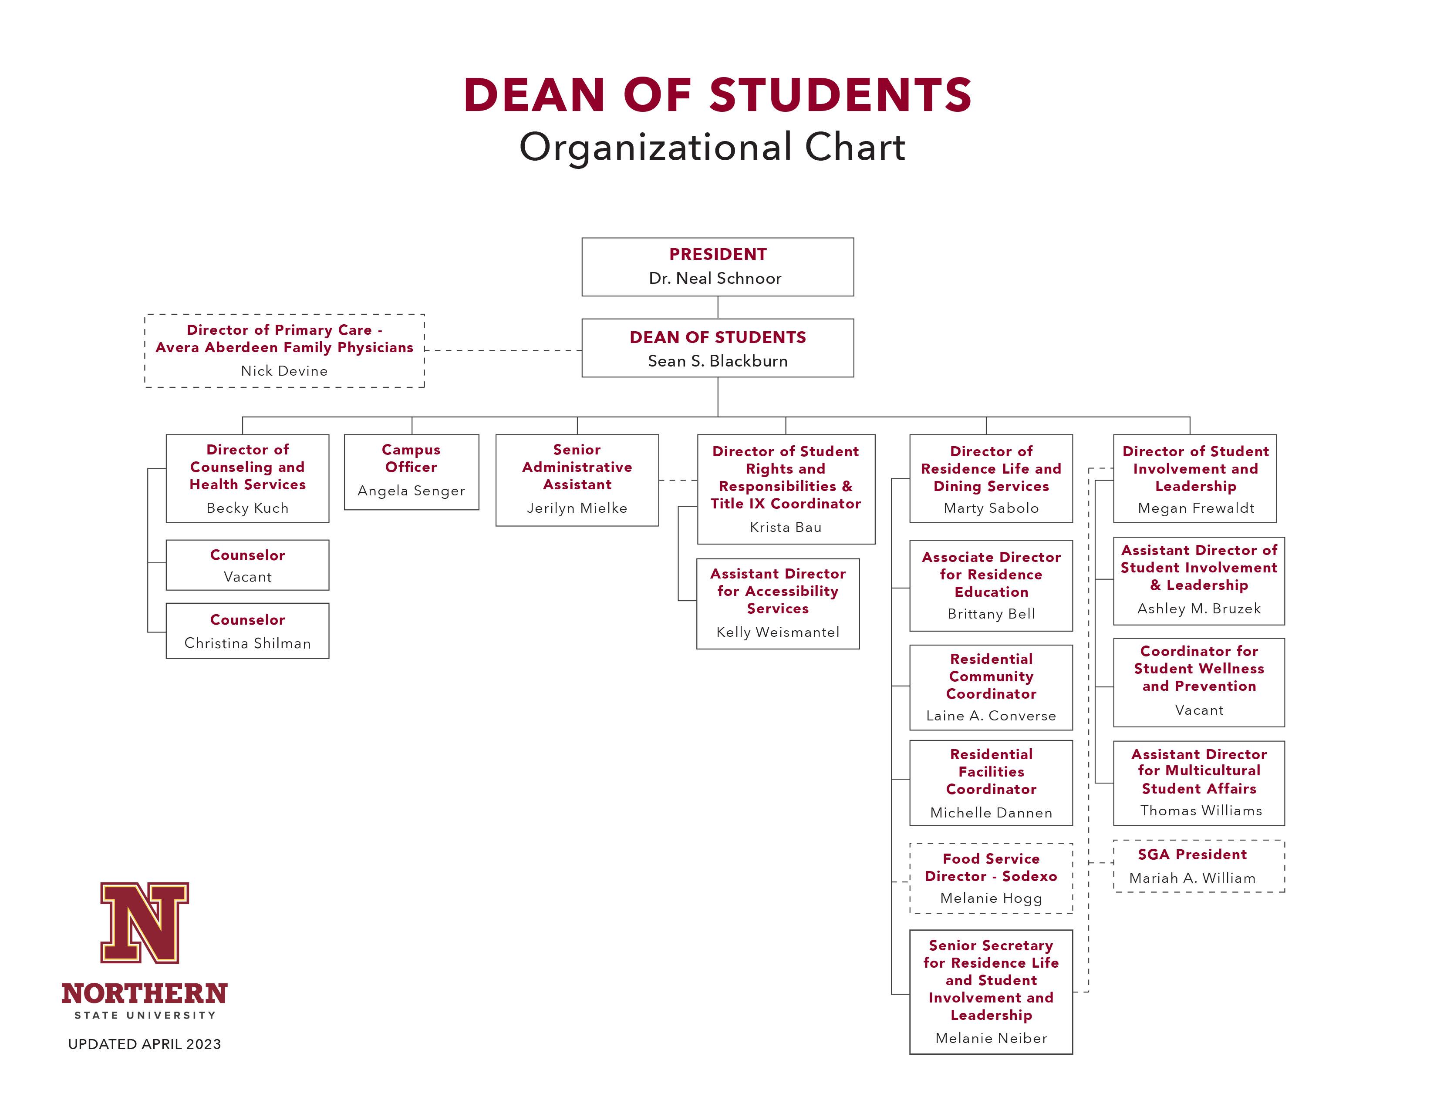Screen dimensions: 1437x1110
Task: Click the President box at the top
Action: [x=718, y=267]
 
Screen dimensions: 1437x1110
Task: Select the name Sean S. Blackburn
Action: [x=718, y=361]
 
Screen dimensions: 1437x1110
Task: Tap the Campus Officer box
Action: [x=411, y=472]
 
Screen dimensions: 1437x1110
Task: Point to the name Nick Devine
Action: [x=284, y=371]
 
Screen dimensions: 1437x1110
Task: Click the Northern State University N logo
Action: [x=145, y=922]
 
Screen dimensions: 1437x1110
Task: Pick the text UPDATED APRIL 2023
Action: [x=145, y=1044]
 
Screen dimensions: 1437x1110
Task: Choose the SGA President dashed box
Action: [x=1199, y=866]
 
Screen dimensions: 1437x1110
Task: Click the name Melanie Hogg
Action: [x=991, y=898]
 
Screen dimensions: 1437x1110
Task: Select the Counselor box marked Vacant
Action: [x=247, y=565]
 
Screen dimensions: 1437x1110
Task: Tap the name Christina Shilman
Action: [x=247, y=643]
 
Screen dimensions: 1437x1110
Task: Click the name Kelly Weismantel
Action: [x=778, y=632]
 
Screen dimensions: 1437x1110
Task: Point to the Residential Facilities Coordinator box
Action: [x=991, y=783]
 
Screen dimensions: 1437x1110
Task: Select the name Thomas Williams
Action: [x=1201, y=811]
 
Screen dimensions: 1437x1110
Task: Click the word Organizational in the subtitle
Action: [x=655, y=147]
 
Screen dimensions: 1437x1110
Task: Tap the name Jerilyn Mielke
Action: [x=577, y=508]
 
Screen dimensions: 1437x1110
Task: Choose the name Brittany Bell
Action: [x=991, y=614]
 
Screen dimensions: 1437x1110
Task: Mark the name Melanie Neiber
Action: [x=991, y=1038]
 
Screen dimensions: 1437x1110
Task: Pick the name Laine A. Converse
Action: [x=991, y=716]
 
